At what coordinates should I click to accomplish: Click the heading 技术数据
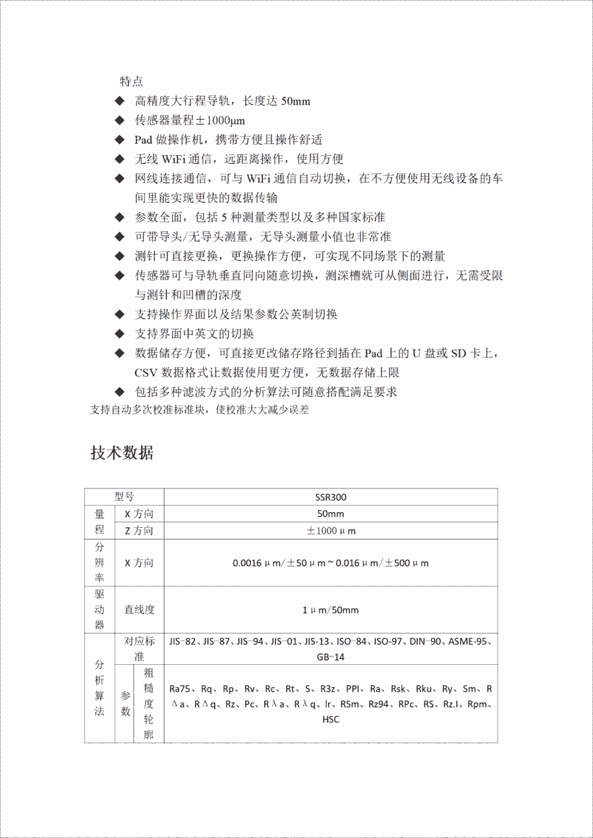pyautogui.click(x=122, y=453)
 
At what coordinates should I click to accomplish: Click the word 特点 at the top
pyautogui.click(x=131, y=81)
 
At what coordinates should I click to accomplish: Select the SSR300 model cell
pyautogui.click(x=331, y=497)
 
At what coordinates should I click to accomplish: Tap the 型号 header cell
pyautogui.click(x=124, y=497)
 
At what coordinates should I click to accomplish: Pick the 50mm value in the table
pyautogui.click(x=331, y=514)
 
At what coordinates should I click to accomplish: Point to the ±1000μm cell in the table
pyautogui.click(x=331, y=531)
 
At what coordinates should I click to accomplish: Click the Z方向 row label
pyautogui.click(x=139, y=531)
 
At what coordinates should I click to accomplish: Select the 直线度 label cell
pyautogui.click(x=139, y=610)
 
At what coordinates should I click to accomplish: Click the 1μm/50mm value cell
pyautogui.click(x=331, y=610)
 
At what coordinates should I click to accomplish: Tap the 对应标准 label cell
pyautogui.click(x=139, y=648)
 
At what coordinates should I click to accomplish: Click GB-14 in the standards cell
pyautogui.click(x=331, y=657)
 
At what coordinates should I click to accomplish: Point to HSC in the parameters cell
pyautogui.click(x=331, y=719)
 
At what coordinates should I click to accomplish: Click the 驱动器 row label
pyautogui.click(x=99, y=610)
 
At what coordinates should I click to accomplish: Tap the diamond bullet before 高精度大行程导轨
pyautogui.click(x=119, y=101)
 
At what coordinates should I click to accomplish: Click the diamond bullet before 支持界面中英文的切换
pyautogui.click(x=119, y=333)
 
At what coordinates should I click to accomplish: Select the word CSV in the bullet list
pyautogui.click(x=146, y=372)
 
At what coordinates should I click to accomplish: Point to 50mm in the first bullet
pyautogui.click(x=296, y=101)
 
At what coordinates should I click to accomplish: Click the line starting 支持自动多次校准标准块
pyautogui.click(x=199, y=410)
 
